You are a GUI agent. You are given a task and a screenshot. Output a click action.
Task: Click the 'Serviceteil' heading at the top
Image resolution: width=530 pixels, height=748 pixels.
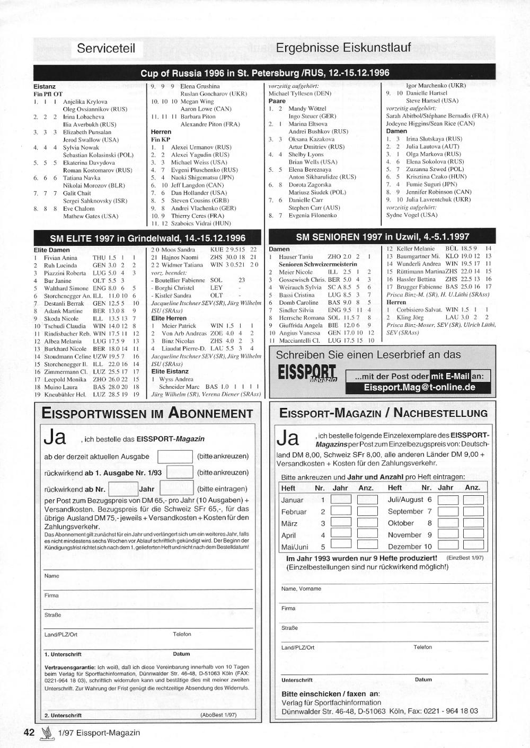click(106, 49)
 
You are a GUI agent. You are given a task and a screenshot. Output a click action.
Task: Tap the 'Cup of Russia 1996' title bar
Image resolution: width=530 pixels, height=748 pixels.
click(264, 73)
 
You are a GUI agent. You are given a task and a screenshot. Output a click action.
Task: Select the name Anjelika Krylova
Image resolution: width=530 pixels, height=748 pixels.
click(85, 102)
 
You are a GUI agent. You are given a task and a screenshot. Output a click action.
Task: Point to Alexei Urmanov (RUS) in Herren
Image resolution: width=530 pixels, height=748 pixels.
click(201, 147)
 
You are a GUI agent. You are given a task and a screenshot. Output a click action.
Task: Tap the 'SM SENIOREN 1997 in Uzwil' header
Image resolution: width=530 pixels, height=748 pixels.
click(382, 237)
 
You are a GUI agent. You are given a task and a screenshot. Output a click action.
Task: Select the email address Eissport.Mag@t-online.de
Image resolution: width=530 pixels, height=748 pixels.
click(419, 387)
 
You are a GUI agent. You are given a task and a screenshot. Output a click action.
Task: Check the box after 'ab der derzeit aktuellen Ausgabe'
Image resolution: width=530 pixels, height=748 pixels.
click(175, 456)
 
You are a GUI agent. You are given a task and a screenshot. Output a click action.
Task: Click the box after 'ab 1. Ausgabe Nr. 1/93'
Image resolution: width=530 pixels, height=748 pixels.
click(180, 472)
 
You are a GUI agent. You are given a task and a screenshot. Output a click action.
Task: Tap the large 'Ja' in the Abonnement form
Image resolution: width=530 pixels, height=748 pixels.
click(55, 438)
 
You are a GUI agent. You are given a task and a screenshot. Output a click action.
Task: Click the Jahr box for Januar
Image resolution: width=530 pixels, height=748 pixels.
click(341, 499)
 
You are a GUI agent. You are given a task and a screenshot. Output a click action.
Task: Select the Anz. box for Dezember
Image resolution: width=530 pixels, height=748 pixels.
click(473, 546)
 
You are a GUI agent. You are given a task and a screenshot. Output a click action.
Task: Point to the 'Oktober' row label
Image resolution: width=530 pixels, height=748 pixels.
click(401, 523)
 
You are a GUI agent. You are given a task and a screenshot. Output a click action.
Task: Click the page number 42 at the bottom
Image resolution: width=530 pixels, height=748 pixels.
click(29, 733)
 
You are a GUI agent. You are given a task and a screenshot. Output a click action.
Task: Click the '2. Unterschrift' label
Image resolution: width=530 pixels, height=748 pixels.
click(63, 715)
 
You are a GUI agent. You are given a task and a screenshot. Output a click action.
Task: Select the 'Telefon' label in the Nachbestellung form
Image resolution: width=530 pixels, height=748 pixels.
click(422, 647)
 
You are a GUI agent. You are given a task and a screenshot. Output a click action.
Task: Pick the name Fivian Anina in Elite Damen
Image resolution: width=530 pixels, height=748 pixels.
click(60, 258)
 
